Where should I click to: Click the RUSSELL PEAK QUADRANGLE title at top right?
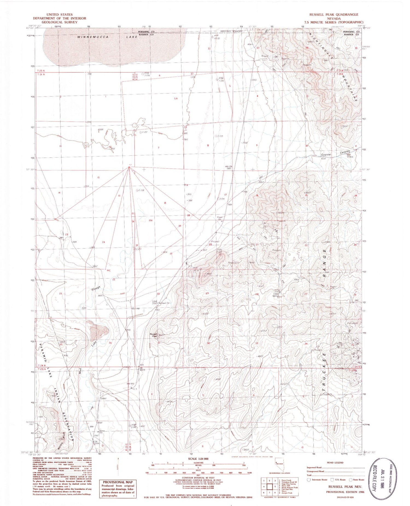point(333,14)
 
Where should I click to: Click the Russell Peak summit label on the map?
point(153,335)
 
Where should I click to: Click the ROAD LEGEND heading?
point(335,463)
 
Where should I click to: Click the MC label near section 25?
point(109,271)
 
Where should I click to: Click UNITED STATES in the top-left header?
point(60,14)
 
